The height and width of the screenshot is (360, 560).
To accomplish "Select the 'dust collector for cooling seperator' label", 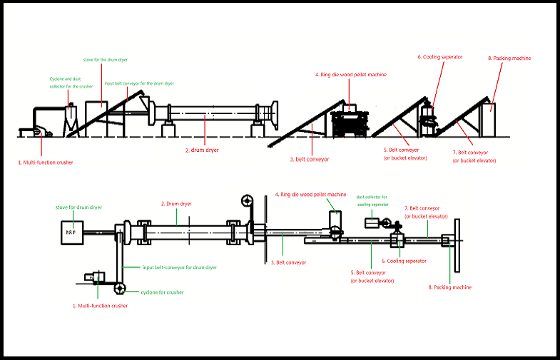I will pyautogui.click(x=372, y=200).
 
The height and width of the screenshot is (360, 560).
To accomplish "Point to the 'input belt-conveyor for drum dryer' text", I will pyautogui.click(x=179, y=267).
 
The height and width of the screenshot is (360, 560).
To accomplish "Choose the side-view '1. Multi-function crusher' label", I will pyautogui.click(x=45, y=163).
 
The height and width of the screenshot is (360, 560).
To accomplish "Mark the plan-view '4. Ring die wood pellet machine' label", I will pyautogui.click(x=310, y=195).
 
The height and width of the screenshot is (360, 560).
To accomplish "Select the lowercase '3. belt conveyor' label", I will pyautogui.click(x=310, y=160).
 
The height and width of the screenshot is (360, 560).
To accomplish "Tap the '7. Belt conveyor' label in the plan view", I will pyautogui.click(x=426, y=212).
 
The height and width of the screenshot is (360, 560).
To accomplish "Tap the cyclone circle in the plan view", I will pyautogui.click(x=118, y=288).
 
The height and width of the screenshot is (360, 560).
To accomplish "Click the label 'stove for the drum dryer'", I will pyautogui.click(x=105, y=59).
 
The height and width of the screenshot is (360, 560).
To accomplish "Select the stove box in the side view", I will pyautogui.click(x=97, y=114).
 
